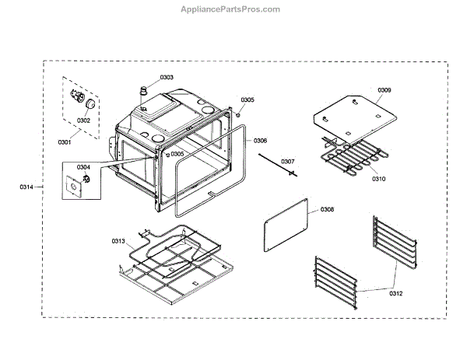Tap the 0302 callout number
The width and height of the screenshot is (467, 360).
(83, 121)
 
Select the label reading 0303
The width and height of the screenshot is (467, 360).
(167, 77)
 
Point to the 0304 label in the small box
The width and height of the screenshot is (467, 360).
(83, 167)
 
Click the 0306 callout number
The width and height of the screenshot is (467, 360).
(260, 141)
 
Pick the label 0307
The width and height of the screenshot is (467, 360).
(288, 162)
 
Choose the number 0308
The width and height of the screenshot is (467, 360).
(327, 210)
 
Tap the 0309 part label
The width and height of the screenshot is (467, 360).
(384, 91)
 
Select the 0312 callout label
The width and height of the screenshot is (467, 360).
(397, 292)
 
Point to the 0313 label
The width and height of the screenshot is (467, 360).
(118, 241)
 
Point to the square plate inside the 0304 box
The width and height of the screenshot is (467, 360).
(75, 187)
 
